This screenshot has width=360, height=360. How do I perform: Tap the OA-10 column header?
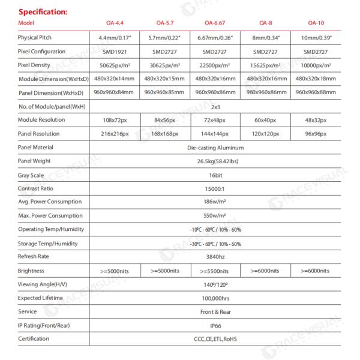click(316, 23)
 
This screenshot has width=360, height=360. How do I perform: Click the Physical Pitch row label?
click(36, 37)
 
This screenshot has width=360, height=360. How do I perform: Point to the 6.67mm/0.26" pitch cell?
click(215, 37)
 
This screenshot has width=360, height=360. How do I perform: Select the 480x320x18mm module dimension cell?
click(316, 79)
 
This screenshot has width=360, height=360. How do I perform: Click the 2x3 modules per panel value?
click(215, 107)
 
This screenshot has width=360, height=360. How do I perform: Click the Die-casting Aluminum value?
click(215, 147)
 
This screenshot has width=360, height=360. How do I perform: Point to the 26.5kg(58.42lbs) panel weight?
click(215, 161)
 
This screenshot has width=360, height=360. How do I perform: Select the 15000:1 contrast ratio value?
click(215, 188)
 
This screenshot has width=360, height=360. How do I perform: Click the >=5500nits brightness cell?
click(215, 271)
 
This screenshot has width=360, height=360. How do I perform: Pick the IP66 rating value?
click(215, 325)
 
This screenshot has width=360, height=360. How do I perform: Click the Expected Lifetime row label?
click(41, 298)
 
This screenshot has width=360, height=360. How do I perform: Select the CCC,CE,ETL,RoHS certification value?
click(215, 339)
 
